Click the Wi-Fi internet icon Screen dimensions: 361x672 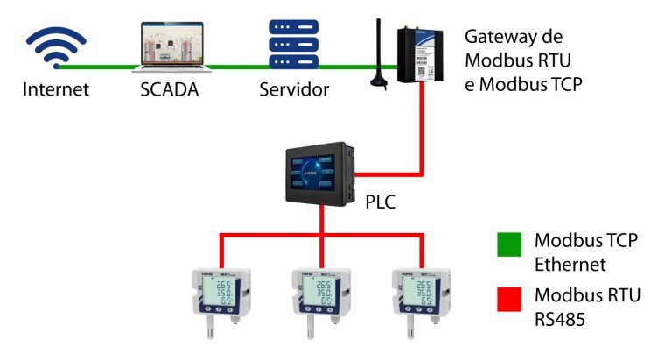(x=55, y=47)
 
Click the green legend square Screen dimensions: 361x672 (x=507, y=244)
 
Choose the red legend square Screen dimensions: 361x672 (x=507, y=298)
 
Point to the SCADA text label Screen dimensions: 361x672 (x=170, y=89)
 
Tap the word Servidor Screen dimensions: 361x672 (x=294, y=89)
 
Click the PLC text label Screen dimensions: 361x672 (x=380, y=202)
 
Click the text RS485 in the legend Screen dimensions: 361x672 (x=560, y=320)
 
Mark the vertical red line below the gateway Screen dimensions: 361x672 (x=423, y=123)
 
